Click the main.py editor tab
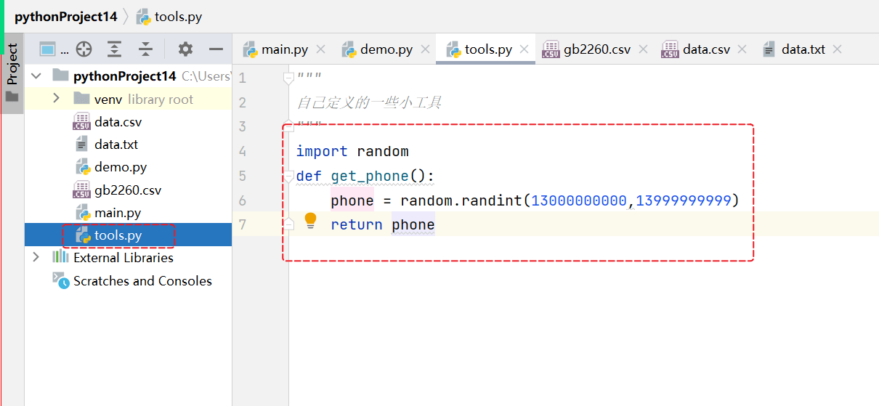pos(284,49)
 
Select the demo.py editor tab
pos(386,49)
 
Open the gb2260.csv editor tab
pos(596,49)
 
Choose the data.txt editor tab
pos(803,49)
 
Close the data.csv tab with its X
pos(742,49)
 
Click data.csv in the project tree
pos(118,122)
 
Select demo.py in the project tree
pos(120,167)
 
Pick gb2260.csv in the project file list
pos(127,190)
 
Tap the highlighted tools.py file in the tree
pos(118,235)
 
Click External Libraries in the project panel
pos(123,258)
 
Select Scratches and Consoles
pos(142,281)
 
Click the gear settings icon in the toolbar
pos(185,49)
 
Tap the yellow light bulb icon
pos(310,220)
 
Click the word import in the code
pos(321,152)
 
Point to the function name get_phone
pos(369,176)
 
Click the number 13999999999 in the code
pos(683,200)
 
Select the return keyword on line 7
pos(356,225)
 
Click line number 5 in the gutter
pos(242,176)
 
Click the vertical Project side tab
pos(12,65)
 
